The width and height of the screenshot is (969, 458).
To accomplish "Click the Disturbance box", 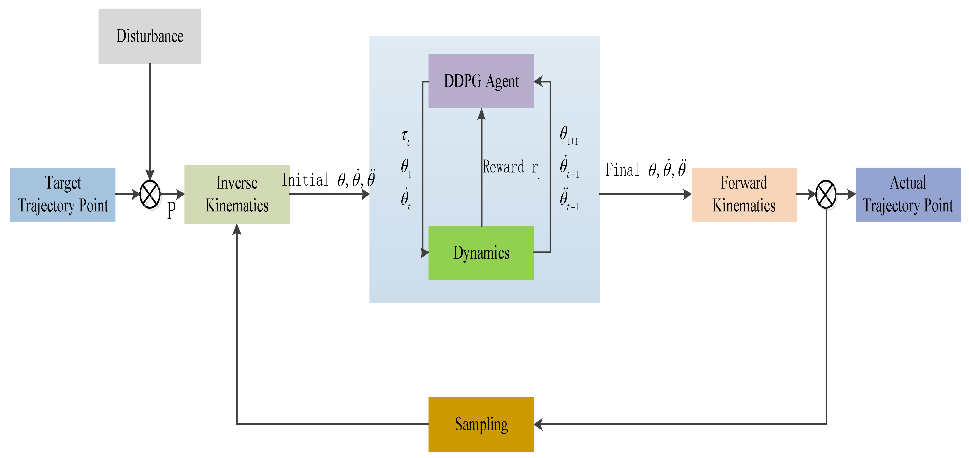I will [150, 36].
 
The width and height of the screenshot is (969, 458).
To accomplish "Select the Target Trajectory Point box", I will [63, 194].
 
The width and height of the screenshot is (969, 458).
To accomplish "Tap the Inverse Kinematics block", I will [237, 194].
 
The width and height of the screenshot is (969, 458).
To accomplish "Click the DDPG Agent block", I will [481, 81].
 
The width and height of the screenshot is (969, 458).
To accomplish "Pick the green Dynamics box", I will [481, 253].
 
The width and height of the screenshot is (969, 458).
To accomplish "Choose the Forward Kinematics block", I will [744, 194].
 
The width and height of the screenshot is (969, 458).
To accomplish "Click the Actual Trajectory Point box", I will [908, 194].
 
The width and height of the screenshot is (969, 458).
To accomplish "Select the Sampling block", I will [481, 424].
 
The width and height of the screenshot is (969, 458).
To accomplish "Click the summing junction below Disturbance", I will [150, 194].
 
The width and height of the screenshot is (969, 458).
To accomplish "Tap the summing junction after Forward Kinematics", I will [826, 194].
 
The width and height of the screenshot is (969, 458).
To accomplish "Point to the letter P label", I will [171, 210].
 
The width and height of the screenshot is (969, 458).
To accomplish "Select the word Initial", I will [305, 180].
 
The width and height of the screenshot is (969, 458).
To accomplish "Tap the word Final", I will [622, 170].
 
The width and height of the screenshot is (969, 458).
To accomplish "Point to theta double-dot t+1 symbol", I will [569, 199].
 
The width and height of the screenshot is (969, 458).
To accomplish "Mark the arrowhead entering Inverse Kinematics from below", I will [237, 229].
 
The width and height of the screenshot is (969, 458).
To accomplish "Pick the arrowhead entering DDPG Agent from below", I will [481, 114].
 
